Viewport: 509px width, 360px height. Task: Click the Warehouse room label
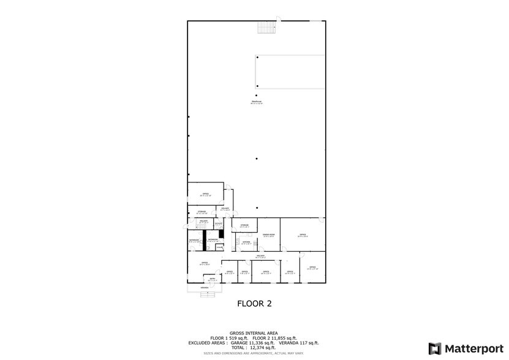[x=256, y=102]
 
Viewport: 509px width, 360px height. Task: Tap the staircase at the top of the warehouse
[x=265, y=28]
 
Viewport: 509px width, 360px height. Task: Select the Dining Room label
[x=268, y=235]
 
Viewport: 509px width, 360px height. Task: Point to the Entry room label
[x=212, y=280]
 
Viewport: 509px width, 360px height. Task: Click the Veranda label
[x=205, y=287]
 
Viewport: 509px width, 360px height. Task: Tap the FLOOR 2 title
[x=254, y=303]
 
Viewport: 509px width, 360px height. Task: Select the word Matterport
[x=472, y=348]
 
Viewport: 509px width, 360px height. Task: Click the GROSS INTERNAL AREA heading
[x=254, y=334]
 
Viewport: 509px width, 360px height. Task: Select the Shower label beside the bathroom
[x=218, y=247]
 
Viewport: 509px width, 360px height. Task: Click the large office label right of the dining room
[x=302, y=235]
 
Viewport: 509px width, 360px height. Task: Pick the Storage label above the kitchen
[x=243, y=225]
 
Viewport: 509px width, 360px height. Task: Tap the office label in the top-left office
[x=205, y=194]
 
